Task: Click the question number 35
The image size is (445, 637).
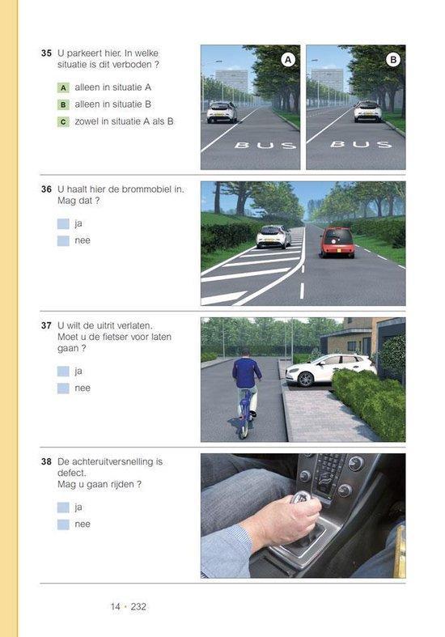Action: [x=46, y=53]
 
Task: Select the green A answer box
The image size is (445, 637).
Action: [x=63, y=87]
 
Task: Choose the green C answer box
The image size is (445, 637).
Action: [x=63, y=122]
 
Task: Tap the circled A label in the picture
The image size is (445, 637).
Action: [x=288, y=59]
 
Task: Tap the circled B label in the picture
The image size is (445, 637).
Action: [x=393, y=59]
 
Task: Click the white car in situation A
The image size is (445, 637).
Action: [x=222, y=112]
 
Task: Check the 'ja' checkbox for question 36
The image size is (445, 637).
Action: [x=63, y=223]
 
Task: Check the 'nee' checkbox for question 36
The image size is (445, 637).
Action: [x=63, y=240]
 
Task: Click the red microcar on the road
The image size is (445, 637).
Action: [x=337, y=241]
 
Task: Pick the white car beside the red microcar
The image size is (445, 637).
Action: [x=273, y=236]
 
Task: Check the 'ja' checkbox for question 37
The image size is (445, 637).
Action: [x=63, y=371]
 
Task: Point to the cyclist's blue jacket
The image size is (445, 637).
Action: [x=247, y=372]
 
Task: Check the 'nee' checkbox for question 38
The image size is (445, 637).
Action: [x=63, y=524]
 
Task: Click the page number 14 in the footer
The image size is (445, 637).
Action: [x=117, y=606]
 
